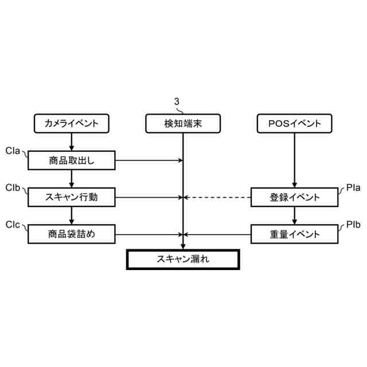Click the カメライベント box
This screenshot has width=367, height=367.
(71, 123)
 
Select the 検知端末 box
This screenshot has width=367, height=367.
(183, 123)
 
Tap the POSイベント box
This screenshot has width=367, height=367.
(295, 123)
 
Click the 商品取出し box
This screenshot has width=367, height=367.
(71, 161)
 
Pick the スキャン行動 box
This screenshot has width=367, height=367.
(71, 197)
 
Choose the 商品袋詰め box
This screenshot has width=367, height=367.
(71, 234)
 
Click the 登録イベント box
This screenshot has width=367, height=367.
(295, 197)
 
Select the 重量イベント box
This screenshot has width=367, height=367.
(295, 234)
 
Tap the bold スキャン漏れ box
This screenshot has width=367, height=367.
(183, 259)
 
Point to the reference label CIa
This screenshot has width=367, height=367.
(13, 151)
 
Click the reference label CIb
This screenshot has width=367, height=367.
(13, 188)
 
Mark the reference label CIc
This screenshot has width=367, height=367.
(13, 224)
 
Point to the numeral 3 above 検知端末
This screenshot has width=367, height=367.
(177, 101)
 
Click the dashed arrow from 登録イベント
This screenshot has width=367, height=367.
(218, 197)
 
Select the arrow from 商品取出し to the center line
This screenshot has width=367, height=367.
(149, 161)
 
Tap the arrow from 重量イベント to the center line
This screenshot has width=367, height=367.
(218, 234)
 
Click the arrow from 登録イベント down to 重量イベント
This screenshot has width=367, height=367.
(295, 216)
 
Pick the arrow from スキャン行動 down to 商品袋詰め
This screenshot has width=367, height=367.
(71, 216)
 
